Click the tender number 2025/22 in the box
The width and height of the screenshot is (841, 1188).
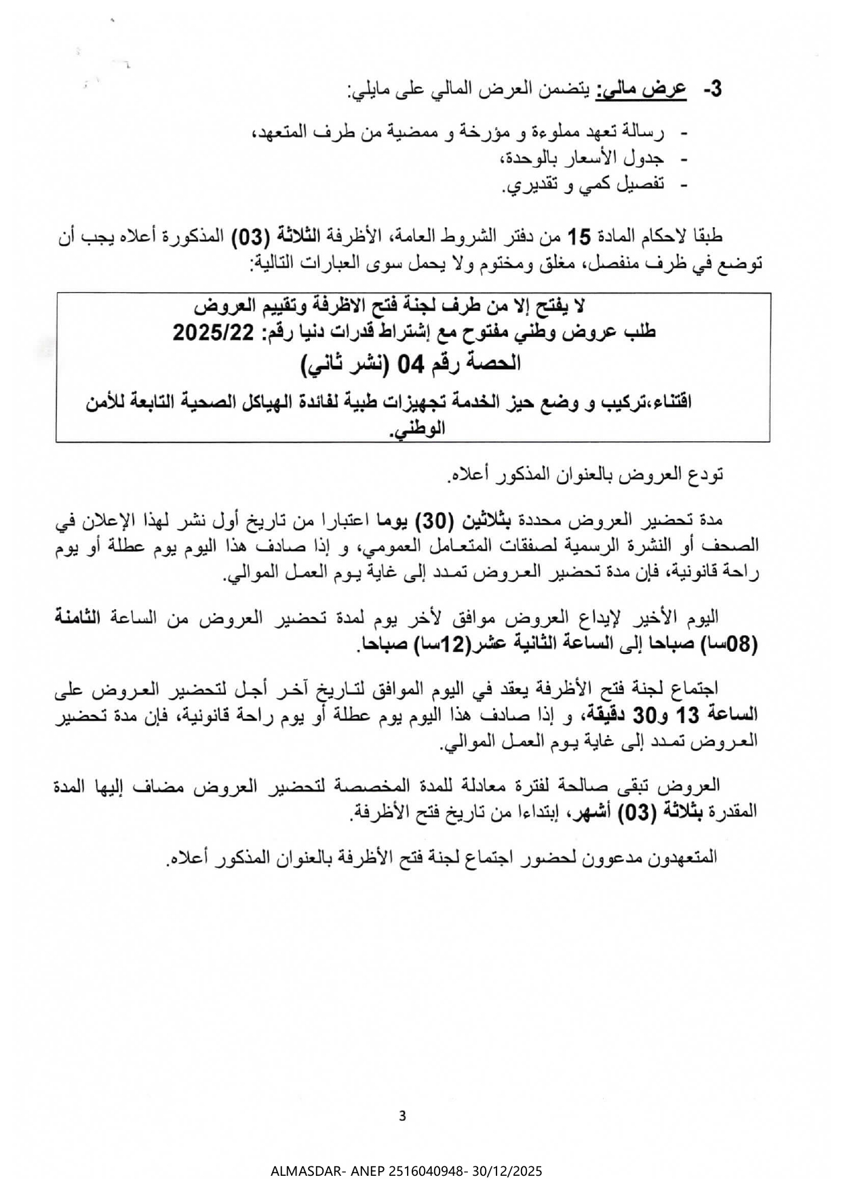tap(212, 332)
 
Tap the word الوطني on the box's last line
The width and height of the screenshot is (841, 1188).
tap(419, 428)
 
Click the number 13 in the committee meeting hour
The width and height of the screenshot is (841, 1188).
tap(710, 714)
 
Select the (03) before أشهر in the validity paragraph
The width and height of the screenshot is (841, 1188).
tap(640, 811)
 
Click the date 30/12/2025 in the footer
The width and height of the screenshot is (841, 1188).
tap(509, 1171)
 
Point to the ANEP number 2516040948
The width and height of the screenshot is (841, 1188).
tap(426, 1171)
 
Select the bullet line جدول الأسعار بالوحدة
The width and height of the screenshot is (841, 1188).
tap(582, 159)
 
